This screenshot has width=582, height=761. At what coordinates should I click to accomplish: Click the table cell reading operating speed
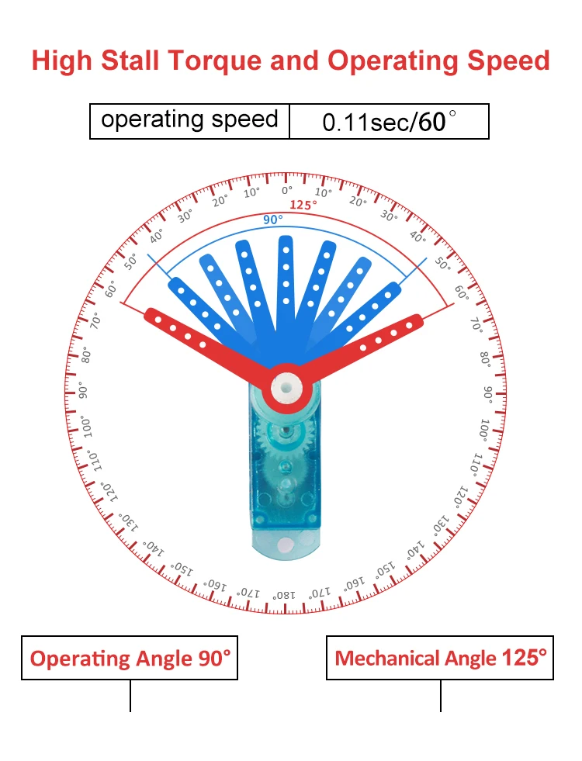pos(189,121)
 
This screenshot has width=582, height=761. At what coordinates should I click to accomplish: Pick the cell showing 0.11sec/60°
pos(389,122)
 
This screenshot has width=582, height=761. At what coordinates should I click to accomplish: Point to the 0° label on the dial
pos(287,191)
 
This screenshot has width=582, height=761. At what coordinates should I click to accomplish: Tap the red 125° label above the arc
pos(303,205)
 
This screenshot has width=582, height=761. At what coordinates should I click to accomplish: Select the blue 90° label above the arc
pos(272,220)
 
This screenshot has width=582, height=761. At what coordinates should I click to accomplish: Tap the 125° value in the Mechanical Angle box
pos(525,658)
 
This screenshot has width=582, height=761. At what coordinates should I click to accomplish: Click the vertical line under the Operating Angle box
pos(130,696)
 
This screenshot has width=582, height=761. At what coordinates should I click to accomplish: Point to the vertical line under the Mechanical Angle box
pos(441,696)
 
